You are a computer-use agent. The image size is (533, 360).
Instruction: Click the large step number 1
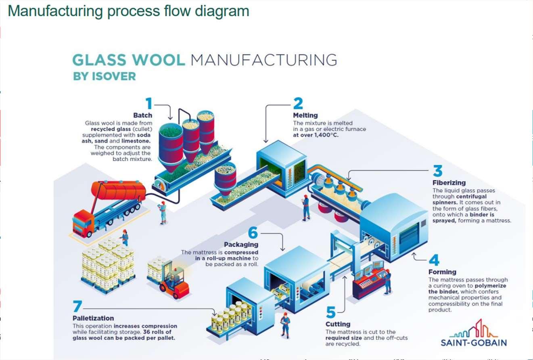click(x=149, y=104)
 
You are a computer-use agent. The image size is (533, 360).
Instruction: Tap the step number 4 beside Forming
click(x=434, y=260)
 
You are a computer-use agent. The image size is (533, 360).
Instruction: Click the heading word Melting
click(x=305, y=115)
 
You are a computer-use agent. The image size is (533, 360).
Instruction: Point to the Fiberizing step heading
click(x=449, y=183)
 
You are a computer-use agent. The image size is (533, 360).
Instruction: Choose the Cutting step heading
click(x=338, y=324)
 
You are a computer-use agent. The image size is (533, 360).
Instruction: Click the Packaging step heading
click(x=241, y=245)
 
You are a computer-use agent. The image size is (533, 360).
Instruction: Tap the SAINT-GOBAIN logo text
click(x=473, y=343)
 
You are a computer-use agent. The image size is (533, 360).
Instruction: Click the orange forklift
click(x=174, y=283)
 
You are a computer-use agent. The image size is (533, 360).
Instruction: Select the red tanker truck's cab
click(x=82, y=224)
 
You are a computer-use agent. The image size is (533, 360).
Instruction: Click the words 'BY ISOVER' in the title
click(x=105, y=76)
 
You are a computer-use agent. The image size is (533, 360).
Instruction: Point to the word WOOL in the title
click(x=158, y=60)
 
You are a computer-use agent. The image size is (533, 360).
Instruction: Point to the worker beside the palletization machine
click(x=286, y=325)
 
